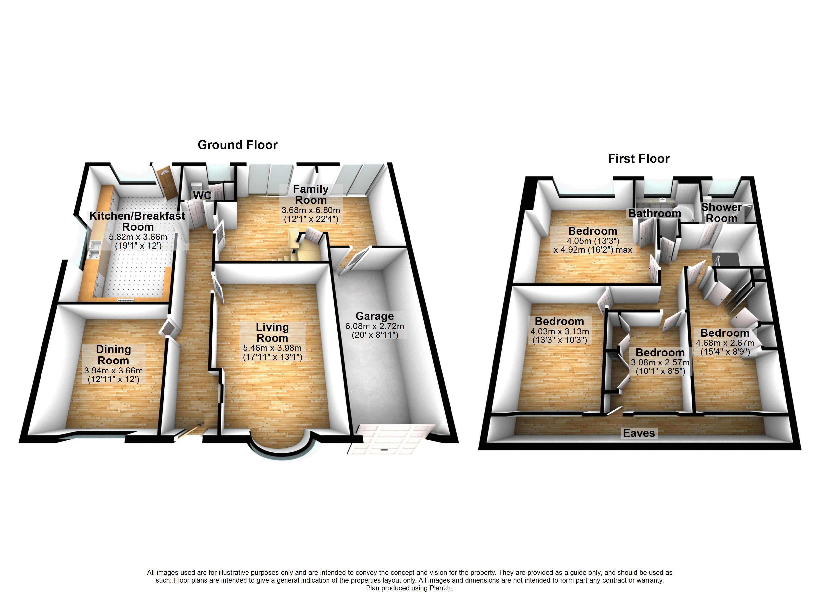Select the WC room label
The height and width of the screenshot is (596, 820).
click(x=202, y=195)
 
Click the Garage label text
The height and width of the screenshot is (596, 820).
click(x=374, y=316)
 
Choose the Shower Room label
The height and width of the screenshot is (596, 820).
click(x=721, y=213)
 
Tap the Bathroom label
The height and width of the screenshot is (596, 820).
click(x=655, y=213)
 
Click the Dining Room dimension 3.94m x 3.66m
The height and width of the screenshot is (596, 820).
click(x=114, y=371)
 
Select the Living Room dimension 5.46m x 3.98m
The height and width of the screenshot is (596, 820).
click(x=272, y=348)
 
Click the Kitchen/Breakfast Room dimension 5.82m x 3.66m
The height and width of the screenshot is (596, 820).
click(x=138, y=237)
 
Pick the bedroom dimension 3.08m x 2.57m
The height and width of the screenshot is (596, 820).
click(x=660, y=362)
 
